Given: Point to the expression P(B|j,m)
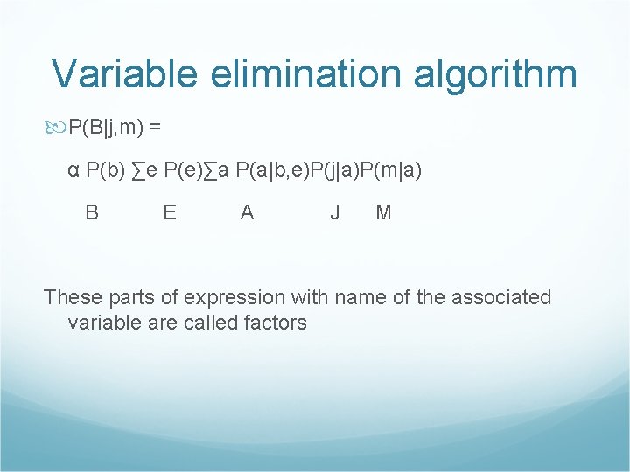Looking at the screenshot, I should click(x=106, y=127).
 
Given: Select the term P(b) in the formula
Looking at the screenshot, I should click(x=104, y=170).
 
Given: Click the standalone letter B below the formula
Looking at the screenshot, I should click(x=92, y=212).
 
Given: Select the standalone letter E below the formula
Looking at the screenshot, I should click(x=170, y=212).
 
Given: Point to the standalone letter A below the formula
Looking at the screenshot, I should click(x=248, y=212).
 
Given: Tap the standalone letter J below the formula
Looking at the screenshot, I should click(x=335, y=212).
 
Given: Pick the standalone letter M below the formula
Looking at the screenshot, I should click(x=383, y=212).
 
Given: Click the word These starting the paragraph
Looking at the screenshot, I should click(x=73, y=297).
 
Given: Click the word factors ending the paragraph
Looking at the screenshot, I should click(x=276, y=323).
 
